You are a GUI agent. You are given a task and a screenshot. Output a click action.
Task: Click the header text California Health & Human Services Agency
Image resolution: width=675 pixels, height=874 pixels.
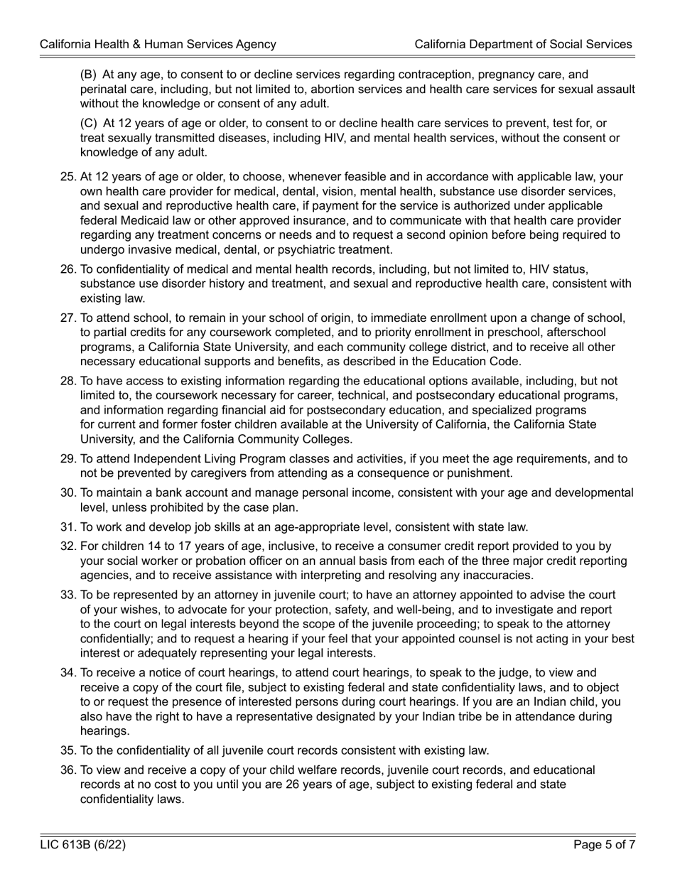[158, 44]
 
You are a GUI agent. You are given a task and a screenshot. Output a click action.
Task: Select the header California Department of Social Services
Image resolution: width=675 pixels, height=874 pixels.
[523, 44]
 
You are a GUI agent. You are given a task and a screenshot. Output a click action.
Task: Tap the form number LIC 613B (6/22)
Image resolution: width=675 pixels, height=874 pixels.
[83, 845]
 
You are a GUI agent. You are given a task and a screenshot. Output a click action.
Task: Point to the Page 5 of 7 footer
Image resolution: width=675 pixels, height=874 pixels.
[604, 845]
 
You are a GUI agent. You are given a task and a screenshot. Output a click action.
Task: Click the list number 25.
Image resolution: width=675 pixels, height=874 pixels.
[68, 177]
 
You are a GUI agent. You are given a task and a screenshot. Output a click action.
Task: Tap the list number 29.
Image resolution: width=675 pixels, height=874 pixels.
[68, 459]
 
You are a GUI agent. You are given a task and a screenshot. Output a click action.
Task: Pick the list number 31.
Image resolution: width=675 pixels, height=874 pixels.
[68, 527]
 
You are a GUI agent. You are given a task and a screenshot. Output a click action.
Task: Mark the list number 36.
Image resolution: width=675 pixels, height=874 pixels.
[68, 770]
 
